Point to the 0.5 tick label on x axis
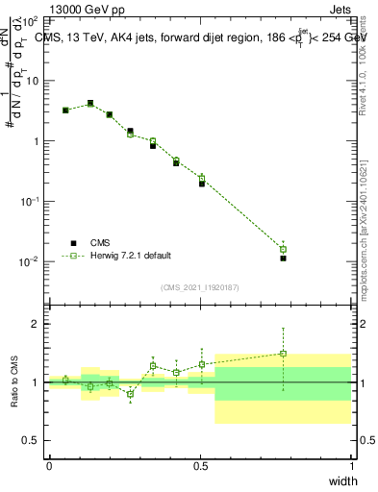(200, 465)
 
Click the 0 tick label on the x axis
(49, 465)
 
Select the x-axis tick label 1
(351, 465)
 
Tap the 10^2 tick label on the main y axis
(32, 20)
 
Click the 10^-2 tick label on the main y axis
(32, 261)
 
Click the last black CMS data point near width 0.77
(283, 258)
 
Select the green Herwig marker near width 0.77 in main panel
(283, 250)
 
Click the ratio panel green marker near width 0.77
(283, 354)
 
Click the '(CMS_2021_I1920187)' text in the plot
(200, 286)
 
